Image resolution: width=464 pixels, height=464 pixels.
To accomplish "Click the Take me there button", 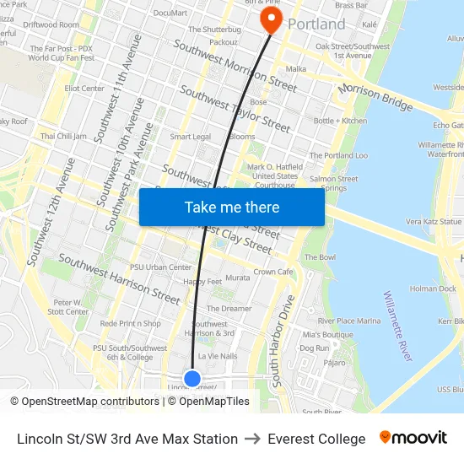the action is pos(231,208).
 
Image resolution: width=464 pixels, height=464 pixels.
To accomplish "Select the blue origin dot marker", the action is pos(192,379).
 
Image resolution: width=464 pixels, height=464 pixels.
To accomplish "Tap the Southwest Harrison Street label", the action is pos(118,279).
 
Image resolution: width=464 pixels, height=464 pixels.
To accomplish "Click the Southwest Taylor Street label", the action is pos(235,110).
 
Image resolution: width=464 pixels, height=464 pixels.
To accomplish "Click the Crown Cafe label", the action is pos(273,272).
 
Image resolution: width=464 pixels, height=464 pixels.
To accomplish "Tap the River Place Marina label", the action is pos(348,321).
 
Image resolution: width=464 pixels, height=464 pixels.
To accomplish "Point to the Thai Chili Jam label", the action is pos(63,136).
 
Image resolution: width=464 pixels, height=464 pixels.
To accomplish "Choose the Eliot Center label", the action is pos(84,89).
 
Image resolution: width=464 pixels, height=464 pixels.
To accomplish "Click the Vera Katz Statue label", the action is pos(434,221).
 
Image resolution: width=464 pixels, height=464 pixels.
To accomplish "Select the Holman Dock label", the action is pos(432,289).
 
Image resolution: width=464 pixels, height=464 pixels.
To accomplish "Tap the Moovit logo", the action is pos(413,438).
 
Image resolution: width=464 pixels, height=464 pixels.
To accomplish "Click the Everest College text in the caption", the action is pos(316,439).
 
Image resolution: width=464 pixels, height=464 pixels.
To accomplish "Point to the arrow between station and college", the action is pos(252,439).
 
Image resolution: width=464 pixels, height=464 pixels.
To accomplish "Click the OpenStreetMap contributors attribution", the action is pos(84,402).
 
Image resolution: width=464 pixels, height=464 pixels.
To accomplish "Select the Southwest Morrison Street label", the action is pos(235,66).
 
